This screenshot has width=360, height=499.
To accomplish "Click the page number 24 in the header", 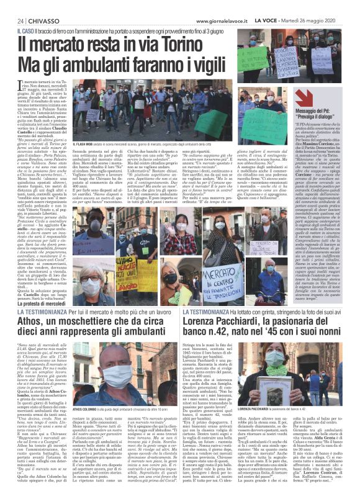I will click(x=11, y=20).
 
